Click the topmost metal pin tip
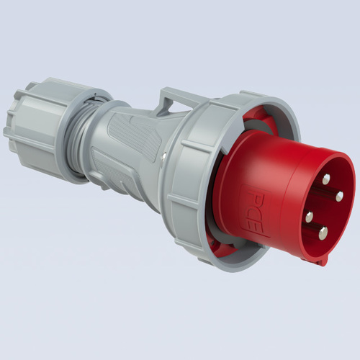(326, 179)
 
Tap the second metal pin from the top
(339, 197)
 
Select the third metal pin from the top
(310, 217)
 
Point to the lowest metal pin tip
(323, 233)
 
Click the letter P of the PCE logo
(254, 197)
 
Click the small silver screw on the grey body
(163, 156)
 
